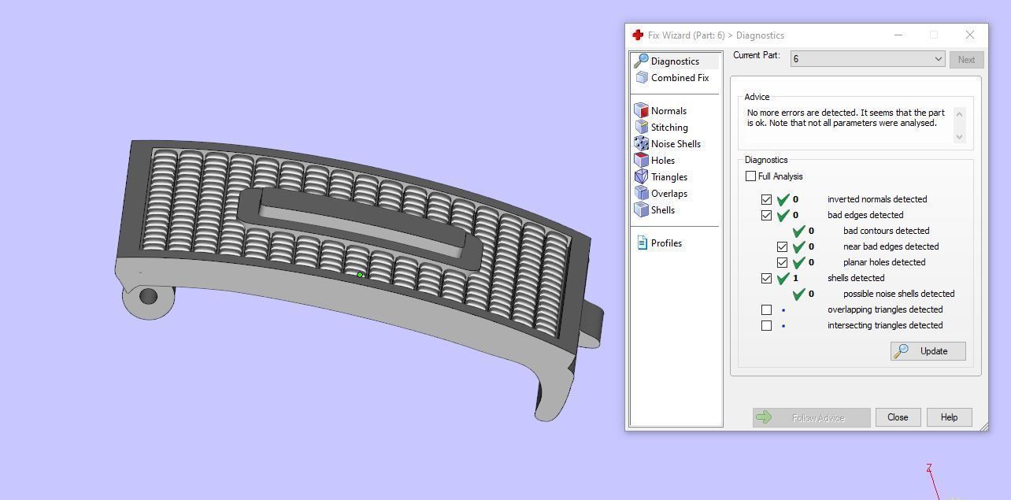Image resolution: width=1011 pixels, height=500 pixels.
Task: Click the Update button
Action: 928,351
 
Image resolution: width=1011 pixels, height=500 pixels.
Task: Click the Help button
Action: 949,417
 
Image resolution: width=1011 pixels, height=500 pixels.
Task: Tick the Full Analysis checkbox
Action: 751,176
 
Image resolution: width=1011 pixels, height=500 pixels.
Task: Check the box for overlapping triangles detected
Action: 766,309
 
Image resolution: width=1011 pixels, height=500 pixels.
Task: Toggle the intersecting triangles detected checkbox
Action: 766,325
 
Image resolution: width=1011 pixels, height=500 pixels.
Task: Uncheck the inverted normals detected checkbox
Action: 766,199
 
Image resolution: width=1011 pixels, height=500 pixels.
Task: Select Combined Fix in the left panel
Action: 679,78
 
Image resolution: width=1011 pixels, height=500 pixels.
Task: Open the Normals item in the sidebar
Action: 668,111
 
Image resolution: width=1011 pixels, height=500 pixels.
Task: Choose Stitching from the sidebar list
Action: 668,128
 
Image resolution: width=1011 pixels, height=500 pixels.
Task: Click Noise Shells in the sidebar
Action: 675,144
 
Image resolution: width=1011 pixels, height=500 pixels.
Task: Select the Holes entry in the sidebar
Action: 662,161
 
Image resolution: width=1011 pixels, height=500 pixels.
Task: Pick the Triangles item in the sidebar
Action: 668,177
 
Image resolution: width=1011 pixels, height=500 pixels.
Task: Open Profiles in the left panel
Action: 665,243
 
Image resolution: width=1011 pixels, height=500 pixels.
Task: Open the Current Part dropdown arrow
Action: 938,59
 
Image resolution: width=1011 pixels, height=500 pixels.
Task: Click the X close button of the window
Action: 970,35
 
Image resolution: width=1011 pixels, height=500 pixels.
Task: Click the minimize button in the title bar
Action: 898,35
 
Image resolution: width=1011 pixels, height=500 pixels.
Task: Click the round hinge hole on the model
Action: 148,297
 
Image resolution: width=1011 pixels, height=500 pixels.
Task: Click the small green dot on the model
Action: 360,275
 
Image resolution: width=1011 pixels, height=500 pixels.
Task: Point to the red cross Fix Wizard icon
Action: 638,35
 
